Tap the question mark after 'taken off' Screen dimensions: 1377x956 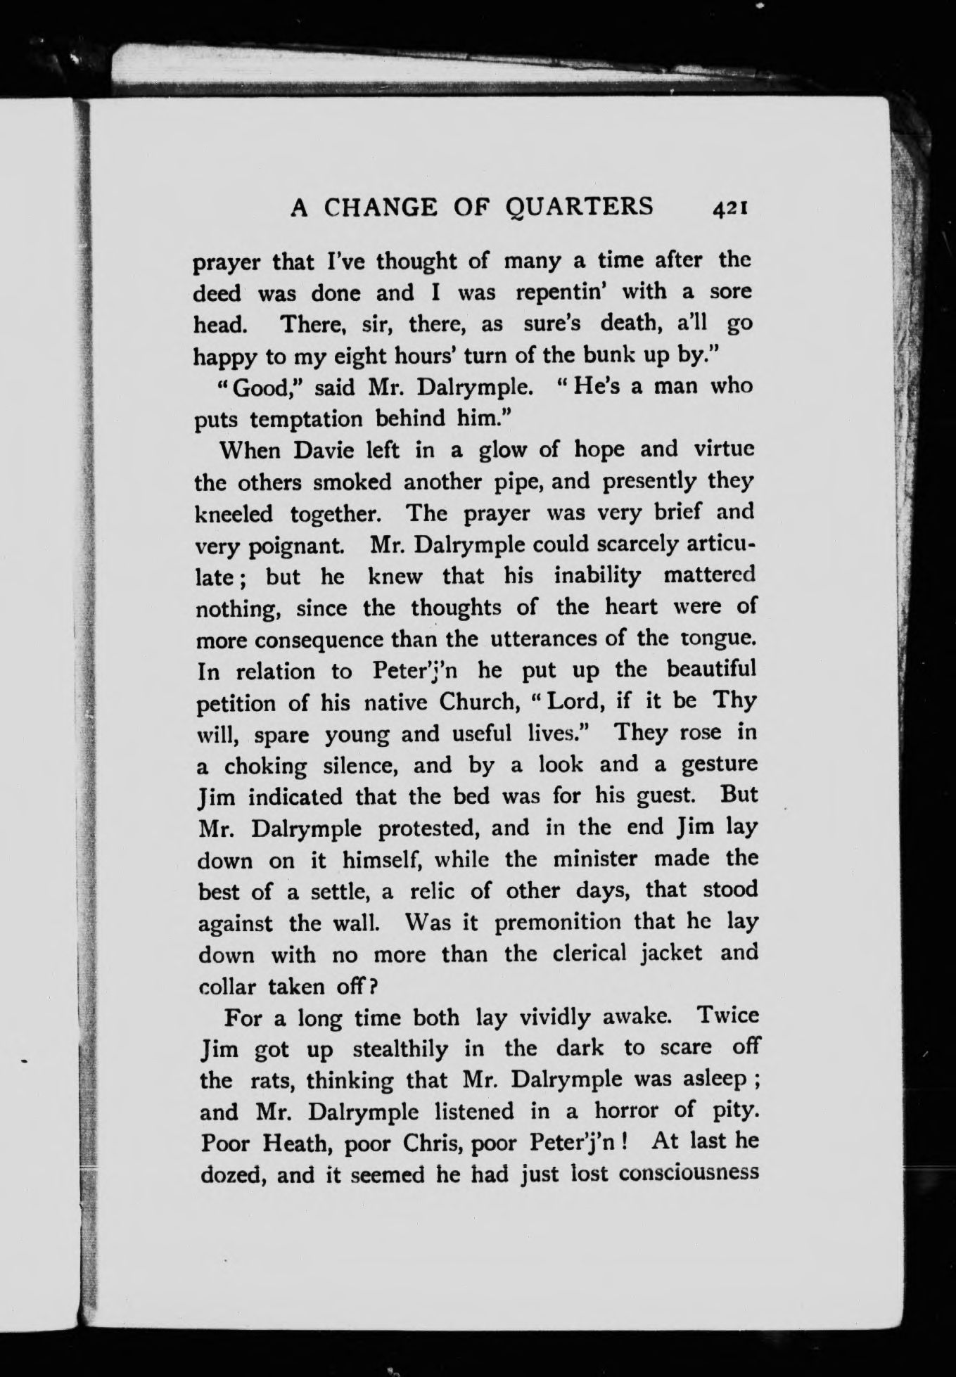(374, 986)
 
